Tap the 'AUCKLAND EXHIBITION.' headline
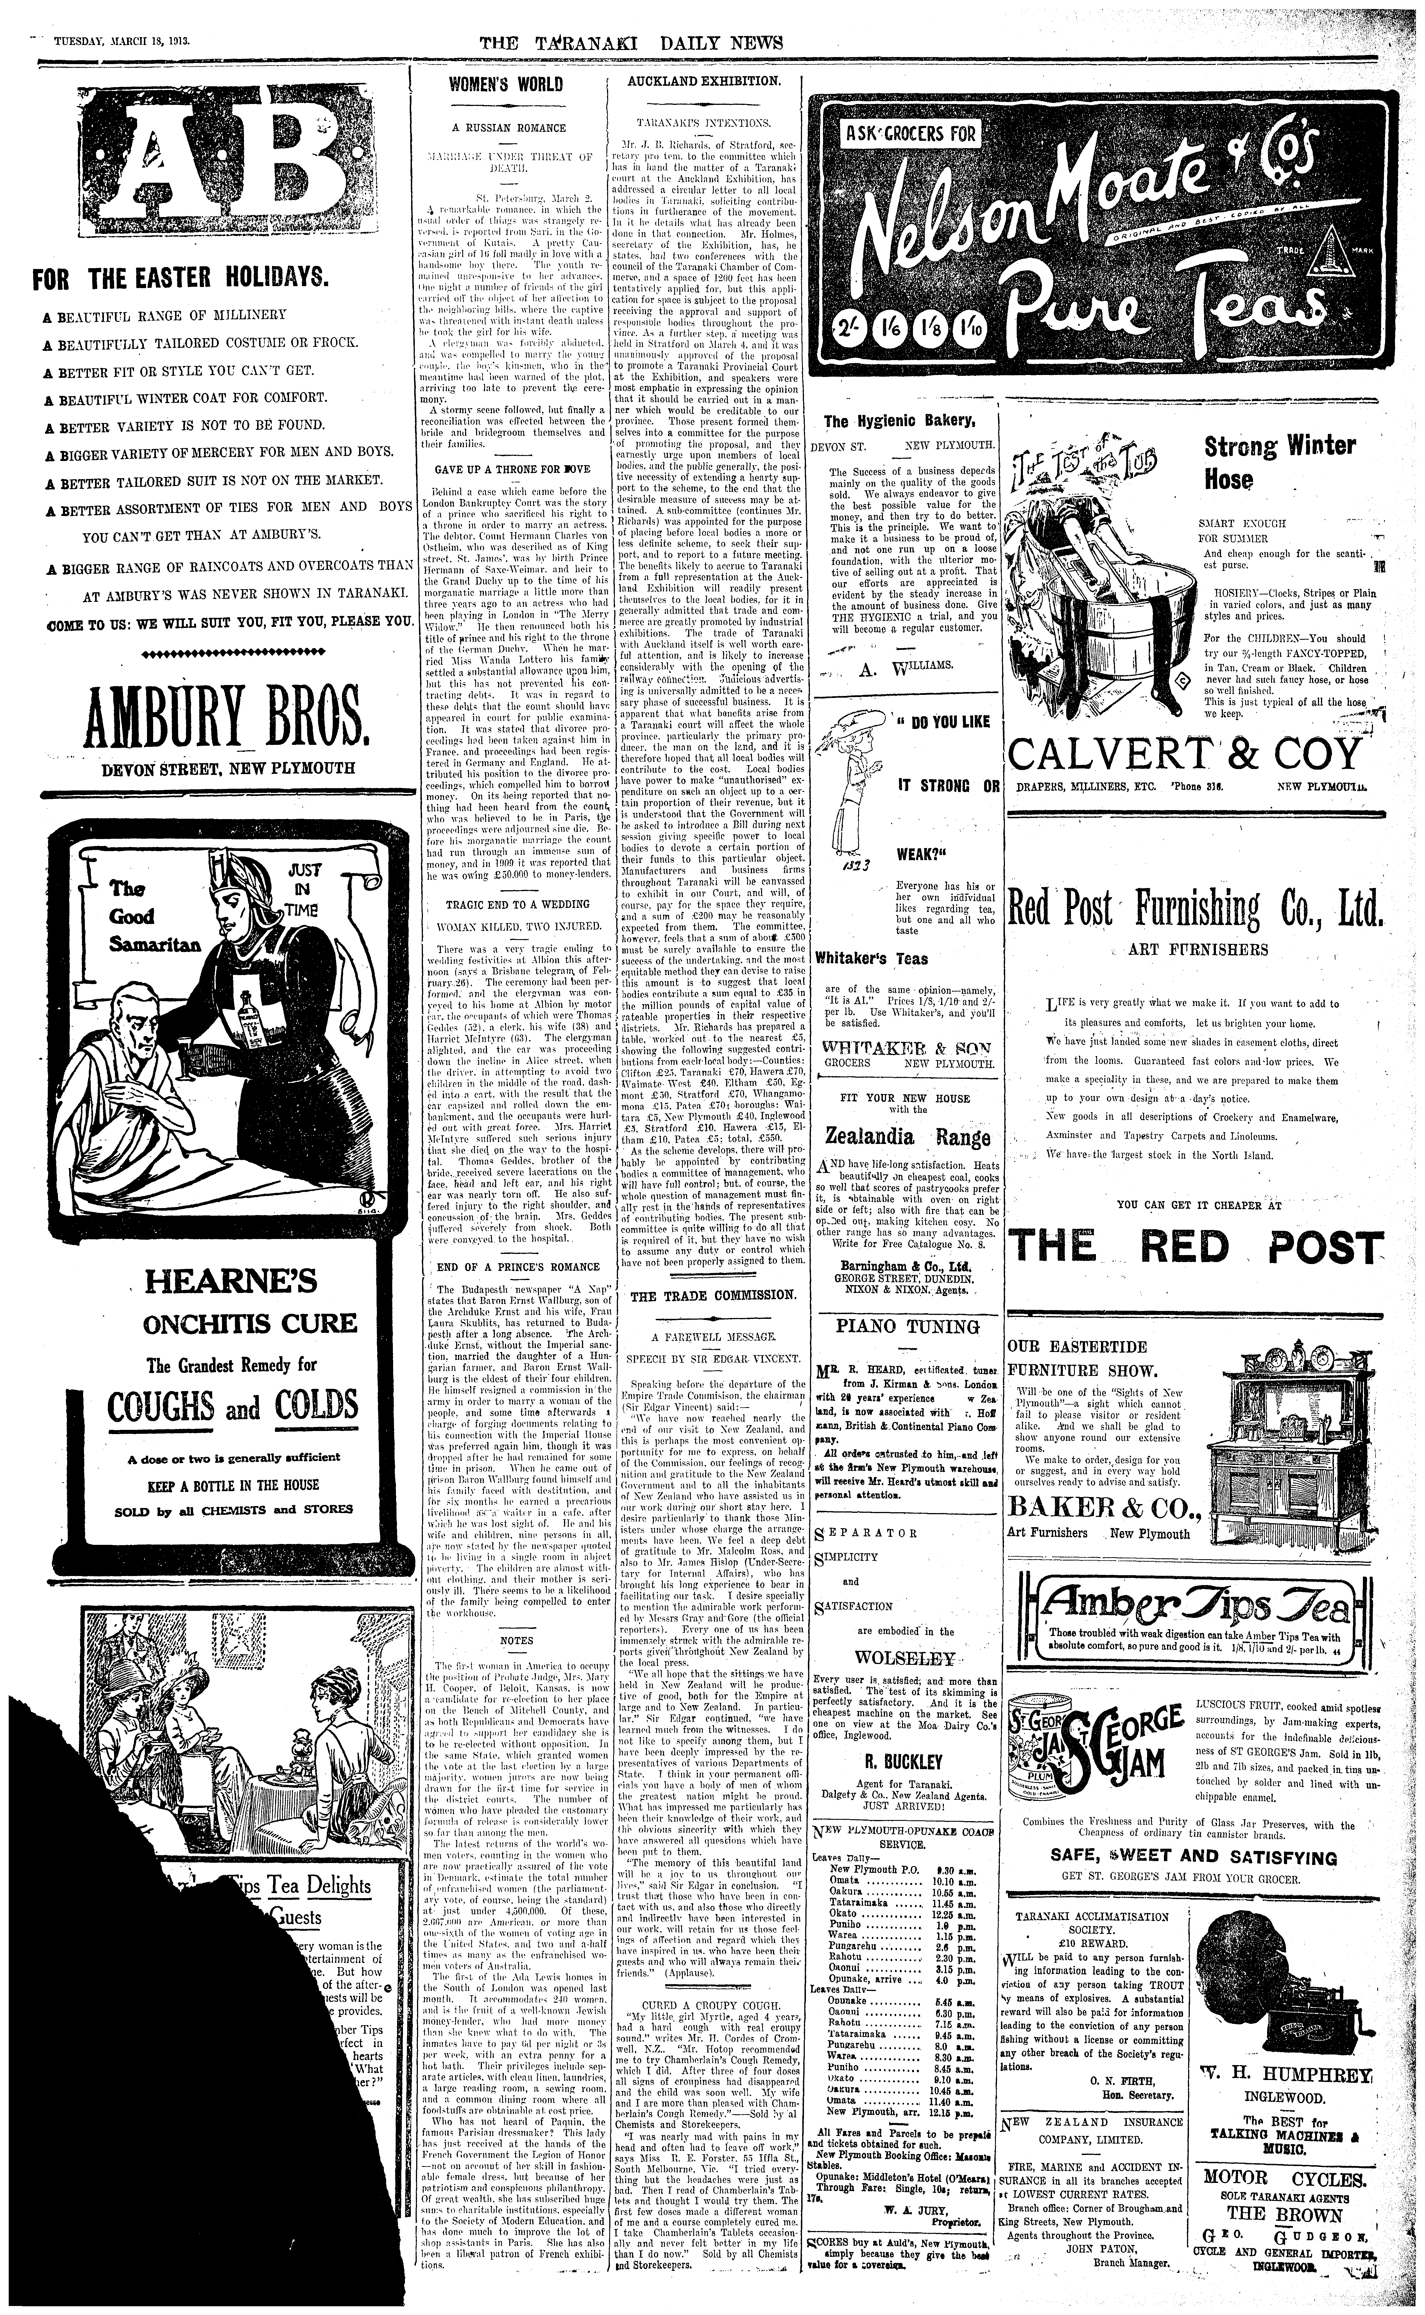point(704,81)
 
